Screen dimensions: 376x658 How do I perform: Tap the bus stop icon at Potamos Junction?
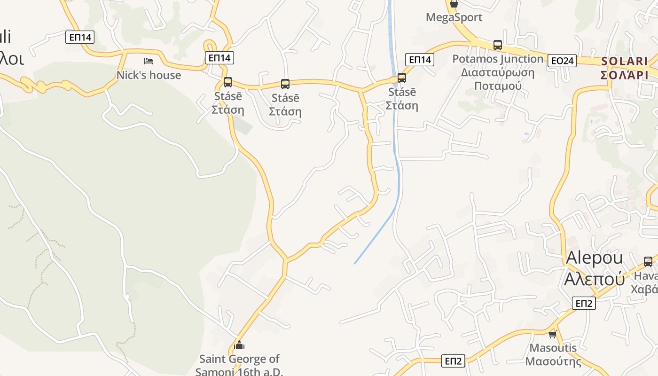[x=498, y=45]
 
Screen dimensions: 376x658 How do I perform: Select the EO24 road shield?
[x=562, y=61]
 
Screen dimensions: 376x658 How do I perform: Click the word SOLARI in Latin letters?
[x=625, y=61]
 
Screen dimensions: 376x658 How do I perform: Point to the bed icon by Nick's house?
[x=149, y=61]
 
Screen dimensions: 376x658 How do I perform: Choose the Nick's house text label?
[x=149, y=75]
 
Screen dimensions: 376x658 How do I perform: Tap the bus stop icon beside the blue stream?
[x=402, y=78]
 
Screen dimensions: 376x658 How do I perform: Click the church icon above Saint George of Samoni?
[x=239, y=345]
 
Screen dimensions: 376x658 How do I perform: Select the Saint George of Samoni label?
[x=240, y=365]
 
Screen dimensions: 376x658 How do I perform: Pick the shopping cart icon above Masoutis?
[x=553, y=334]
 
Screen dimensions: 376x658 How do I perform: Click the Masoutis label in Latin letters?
[x=553, y=348]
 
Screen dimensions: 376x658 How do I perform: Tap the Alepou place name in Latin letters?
[x=594, y=258]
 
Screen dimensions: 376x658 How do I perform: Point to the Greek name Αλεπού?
[x=594, y=279]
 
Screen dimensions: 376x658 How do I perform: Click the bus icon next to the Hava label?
[x=648, y=262]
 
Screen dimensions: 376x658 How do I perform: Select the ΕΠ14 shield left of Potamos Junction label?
[x=420, y=60]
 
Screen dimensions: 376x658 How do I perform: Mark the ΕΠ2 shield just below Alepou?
[x=584, y=303]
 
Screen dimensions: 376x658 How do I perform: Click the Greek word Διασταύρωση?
[x=498, y=72]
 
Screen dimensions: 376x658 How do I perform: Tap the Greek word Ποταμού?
[x=498, y=86]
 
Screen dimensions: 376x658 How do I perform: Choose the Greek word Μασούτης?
[x=553, y=361]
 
